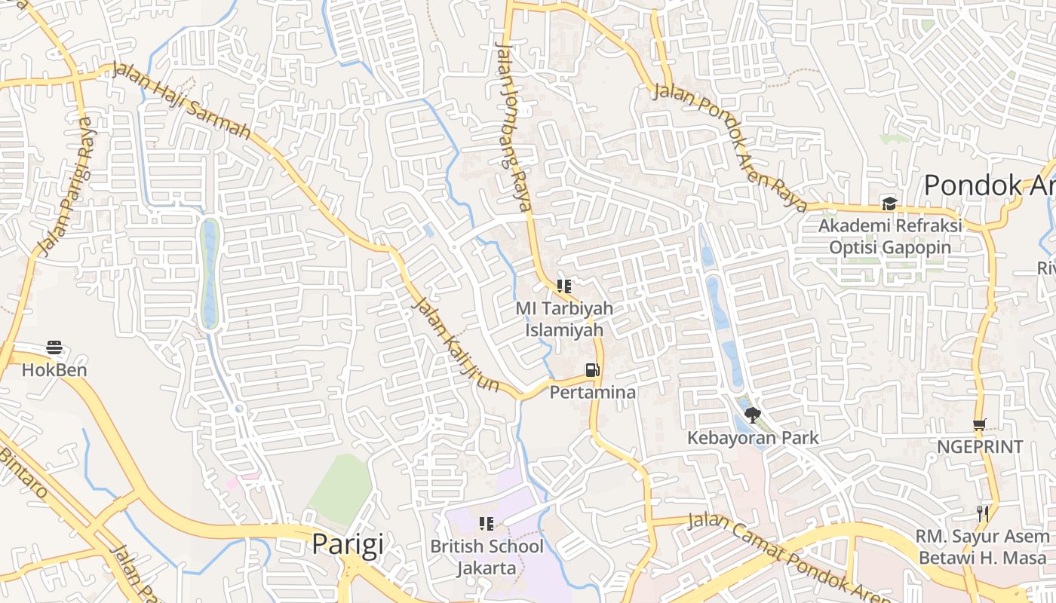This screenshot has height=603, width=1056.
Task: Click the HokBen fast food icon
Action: (x=54, y=347)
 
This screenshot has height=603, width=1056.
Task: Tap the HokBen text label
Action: (x=54, y=370)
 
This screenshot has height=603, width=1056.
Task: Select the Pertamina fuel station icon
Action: (x=593, y=370)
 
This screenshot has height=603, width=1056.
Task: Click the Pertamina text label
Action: (x=593, y=392)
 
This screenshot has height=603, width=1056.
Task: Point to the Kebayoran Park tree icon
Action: (x=752, y=415)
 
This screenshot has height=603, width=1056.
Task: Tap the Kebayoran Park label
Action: (x=752, y=437)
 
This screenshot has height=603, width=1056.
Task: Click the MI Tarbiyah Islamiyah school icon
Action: (x=563, y=286)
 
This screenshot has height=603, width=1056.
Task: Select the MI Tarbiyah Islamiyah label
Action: (x=564, y=319)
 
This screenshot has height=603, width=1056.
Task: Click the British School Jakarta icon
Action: (x=487, y=523)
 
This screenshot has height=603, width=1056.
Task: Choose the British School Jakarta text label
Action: (x=487, y=556)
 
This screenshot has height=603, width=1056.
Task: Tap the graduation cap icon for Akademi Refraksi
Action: (x=889, y=204)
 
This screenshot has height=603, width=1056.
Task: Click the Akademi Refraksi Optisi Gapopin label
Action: (x=890, y=236)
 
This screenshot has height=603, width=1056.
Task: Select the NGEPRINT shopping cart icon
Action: (x=979, y=425)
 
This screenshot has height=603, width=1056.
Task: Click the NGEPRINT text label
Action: (x=979, y=447)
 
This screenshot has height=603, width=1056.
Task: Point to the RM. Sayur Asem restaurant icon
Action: (x=982, y=514)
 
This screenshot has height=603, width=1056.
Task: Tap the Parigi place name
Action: (x=348, y=544)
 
